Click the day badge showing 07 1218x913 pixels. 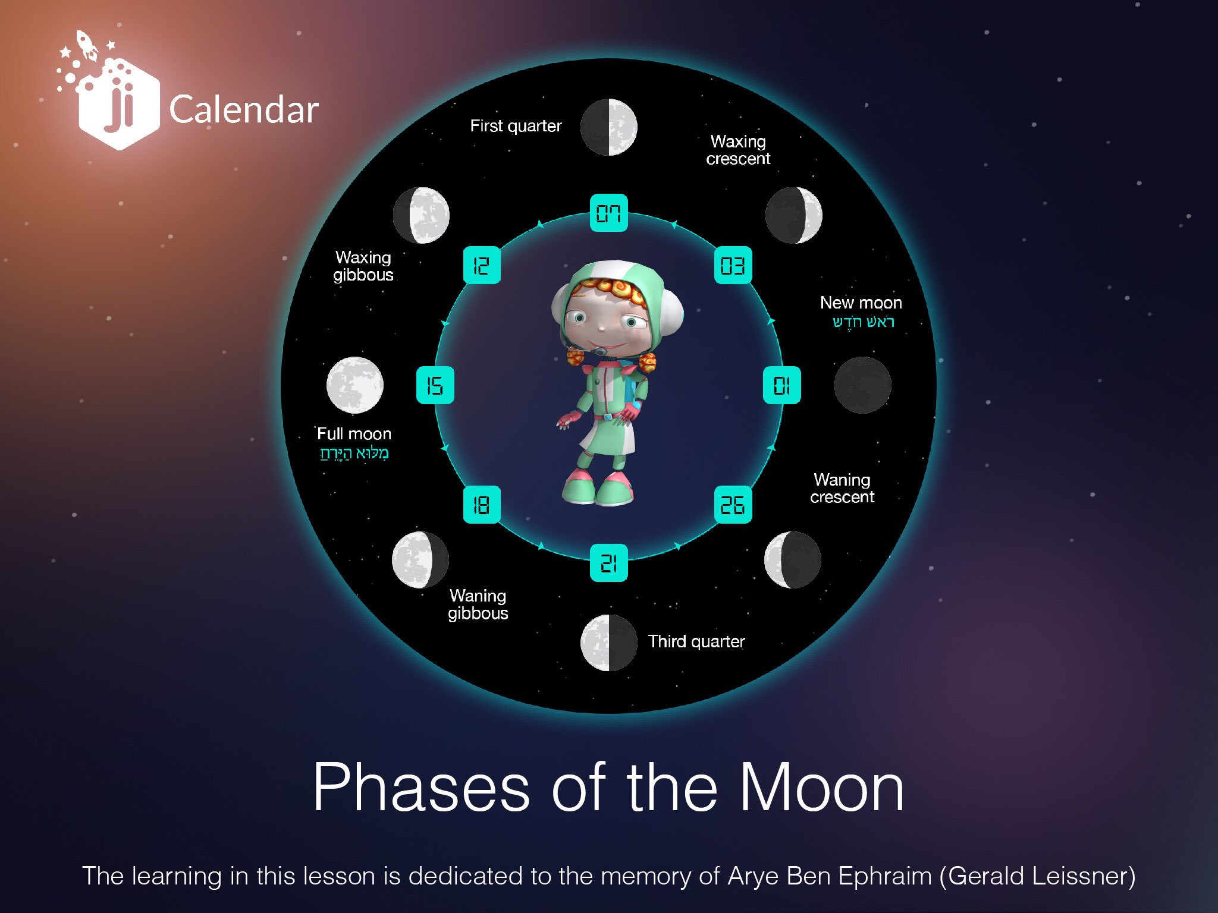[608, 213]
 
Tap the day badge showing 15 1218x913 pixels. [435, 385]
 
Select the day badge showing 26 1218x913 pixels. [733, 505]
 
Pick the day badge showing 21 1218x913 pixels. [608, 562]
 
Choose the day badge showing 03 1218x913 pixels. [733, 265]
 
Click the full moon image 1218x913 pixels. [355, 385]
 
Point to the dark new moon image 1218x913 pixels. [862, 385]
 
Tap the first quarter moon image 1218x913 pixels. [608, 127]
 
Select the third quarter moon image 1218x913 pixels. [608, 643]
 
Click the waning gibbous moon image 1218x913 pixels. [420, 559]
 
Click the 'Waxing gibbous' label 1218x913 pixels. [363, 266]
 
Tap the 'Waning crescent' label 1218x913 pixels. [842, 489]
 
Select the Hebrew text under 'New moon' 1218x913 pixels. [863, 323]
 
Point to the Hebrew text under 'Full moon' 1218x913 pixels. [354, 454]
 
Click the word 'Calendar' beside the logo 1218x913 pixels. [244, 110]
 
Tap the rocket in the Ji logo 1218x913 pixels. [87, 45]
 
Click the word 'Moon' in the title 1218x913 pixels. [821, 787]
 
